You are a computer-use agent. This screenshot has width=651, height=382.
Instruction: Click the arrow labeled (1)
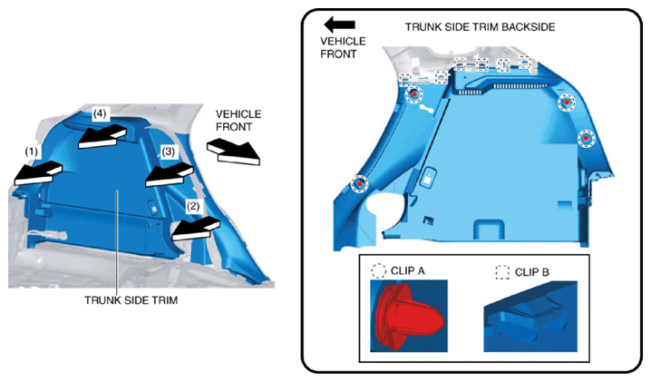(x=37, y=173)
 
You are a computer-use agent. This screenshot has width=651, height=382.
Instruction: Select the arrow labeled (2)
(x=196, y=229)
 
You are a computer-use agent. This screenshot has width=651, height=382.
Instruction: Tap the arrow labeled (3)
(x=170, y=175)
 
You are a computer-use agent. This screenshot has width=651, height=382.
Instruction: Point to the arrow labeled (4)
(x=102, y=137)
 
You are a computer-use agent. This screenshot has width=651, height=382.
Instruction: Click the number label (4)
(x=99, y=113)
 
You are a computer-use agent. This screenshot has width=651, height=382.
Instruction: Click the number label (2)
(x=192, y=206)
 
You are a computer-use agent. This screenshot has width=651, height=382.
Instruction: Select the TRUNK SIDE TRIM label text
(x=131, y=300)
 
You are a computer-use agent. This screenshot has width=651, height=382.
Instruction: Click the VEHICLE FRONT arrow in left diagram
(x=233, y=152)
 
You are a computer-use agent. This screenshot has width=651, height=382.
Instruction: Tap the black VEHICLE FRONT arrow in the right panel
(x=340, y=24)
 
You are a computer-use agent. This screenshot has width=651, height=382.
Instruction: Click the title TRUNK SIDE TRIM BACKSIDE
(x=480, y=27)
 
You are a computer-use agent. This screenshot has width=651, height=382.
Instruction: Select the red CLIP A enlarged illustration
(x=409, y=317)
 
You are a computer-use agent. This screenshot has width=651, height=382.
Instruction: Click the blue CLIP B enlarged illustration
(x=530, y=317)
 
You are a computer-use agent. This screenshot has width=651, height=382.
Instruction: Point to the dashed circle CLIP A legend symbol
(x=378, y=270)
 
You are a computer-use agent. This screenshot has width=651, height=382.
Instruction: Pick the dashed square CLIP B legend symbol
(x=502, y=272)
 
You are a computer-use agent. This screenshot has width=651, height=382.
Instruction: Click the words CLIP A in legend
(x=408, y=271)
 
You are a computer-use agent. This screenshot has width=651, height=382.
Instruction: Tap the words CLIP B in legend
(x=532, y=272)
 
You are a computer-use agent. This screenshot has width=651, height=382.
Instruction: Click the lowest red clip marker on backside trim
(x=360, y=183)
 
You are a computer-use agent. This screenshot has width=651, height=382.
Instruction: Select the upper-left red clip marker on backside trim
(x=413, y=94)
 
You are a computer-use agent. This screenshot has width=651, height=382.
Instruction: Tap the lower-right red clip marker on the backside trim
(x=586, y=139)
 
